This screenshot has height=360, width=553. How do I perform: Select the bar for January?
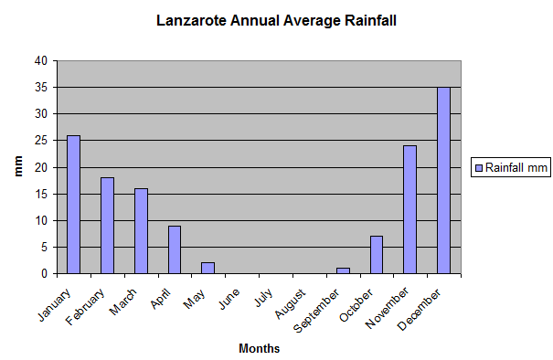73,205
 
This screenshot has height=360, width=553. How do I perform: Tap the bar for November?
409,209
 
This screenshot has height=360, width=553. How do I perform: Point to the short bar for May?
207,268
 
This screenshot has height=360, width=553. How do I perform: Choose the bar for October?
376,255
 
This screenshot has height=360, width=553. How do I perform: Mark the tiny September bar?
342,270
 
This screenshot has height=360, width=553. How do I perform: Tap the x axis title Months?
259,348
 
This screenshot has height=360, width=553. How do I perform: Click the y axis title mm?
17,167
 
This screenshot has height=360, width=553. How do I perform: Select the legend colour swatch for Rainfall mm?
478,167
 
